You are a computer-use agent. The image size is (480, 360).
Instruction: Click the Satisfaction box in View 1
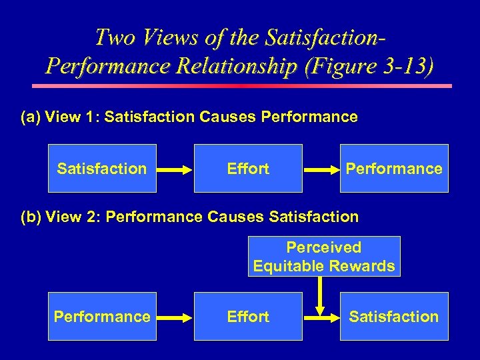pyautogui.click(x=102, y=169)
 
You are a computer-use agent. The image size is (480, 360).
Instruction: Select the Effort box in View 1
pyautogui.click(x=248, y=169)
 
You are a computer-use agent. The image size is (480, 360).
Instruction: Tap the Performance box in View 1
pyautogui.click(x=394, y=169)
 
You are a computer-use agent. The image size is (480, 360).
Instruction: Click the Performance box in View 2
pyautogui.click(x=102, y=317)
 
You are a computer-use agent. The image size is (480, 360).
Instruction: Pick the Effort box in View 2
pyautogui.click(x=248, y=317)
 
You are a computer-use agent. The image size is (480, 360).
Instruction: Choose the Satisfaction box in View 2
pyautogui.click(x=394, y=317)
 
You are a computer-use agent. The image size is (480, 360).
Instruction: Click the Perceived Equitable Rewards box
pyautogui.click(x=324, y=257)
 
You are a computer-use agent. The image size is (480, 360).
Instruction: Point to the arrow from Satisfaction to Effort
pyautogui.click(x=175, y=169)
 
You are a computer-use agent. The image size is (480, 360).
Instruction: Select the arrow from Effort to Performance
pyautogui.click(x=321, y=169)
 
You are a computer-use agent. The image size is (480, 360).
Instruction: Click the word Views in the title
pyautogui.click(x=160, y=37)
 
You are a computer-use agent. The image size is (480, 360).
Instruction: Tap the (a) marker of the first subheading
pyautogui.click(x=31, y=117)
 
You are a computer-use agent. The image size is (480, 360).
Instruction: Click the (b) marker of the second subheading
pyautogui.click(x=31, y=217)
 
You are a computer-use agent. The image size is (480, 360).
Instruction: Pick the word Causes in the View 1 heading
pyautogui.click(x=227, y=117)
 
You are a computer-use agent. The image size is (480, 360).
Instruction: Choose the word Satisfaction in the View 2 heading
pyautogui.click(x=314, y=217)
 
